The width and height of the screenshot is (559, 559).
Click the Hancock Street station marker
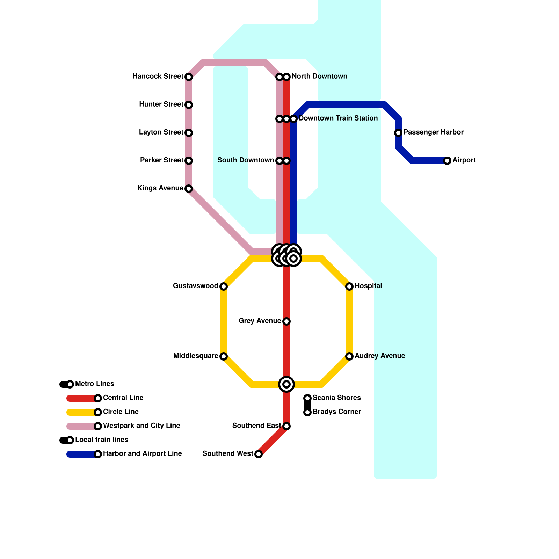pyautogui.click(x=189, y=77)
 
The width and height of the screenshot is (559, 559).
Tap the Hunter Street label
pyautogui.click(x=161, y=104)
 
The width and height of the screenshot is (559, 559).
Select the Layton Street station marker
pyautogui.click(x=189, y=133)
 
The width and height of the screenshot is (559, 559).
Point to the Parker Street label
pyautogui.click(x=162, y=160)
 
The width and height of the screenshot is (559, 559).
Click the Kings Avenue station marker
pyautogui.click(x=189, y=189)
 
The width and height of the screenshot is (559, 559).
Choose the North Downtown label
pyautogui.click(x=320, y=77)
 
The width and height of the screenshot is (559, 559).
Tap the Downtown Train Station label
pyautogui.click(x=338, y=118)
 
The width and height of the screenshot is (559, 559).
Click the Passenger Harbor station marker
pyautogui.click(x=398, y=133)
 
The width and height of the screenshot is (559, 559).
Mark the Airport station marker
pyautogui.click(x=447, y=161)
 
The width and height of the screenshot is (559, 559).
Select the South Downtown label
pyautogui.click(x=246, y=160)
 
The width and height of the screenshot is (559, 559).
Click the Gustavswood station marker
pyautogui.click(x=224, y=286)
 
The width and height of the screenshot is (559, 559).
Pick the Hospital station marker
pyautogui.click(x=349, y=286)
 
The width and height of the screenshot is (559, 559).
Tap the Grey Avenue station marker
pyautogui.click(x=286, y=321)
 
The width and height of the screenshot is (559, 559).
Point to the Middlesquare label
pyautogui.click(x=196, y=356)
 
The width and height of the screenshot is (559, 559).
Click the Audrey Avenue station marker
pyautogui.click(x=349, y=356)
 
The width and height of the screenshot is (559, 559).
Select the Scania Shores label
pyautogui.click(x=337, y=398)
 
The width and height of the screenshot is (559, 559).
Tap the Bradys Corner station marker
pyautogui.click(x=307, y=412)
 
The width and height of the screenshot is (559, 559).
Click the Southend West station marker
pyautogui.click(x=259, y=454)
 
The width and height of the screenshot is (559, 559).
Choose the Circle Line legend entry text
pyautogui.click(x=121, y=412)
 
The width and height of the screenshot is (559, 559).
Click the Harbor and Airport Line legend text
pyautogui.click(x=143, y=454)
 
